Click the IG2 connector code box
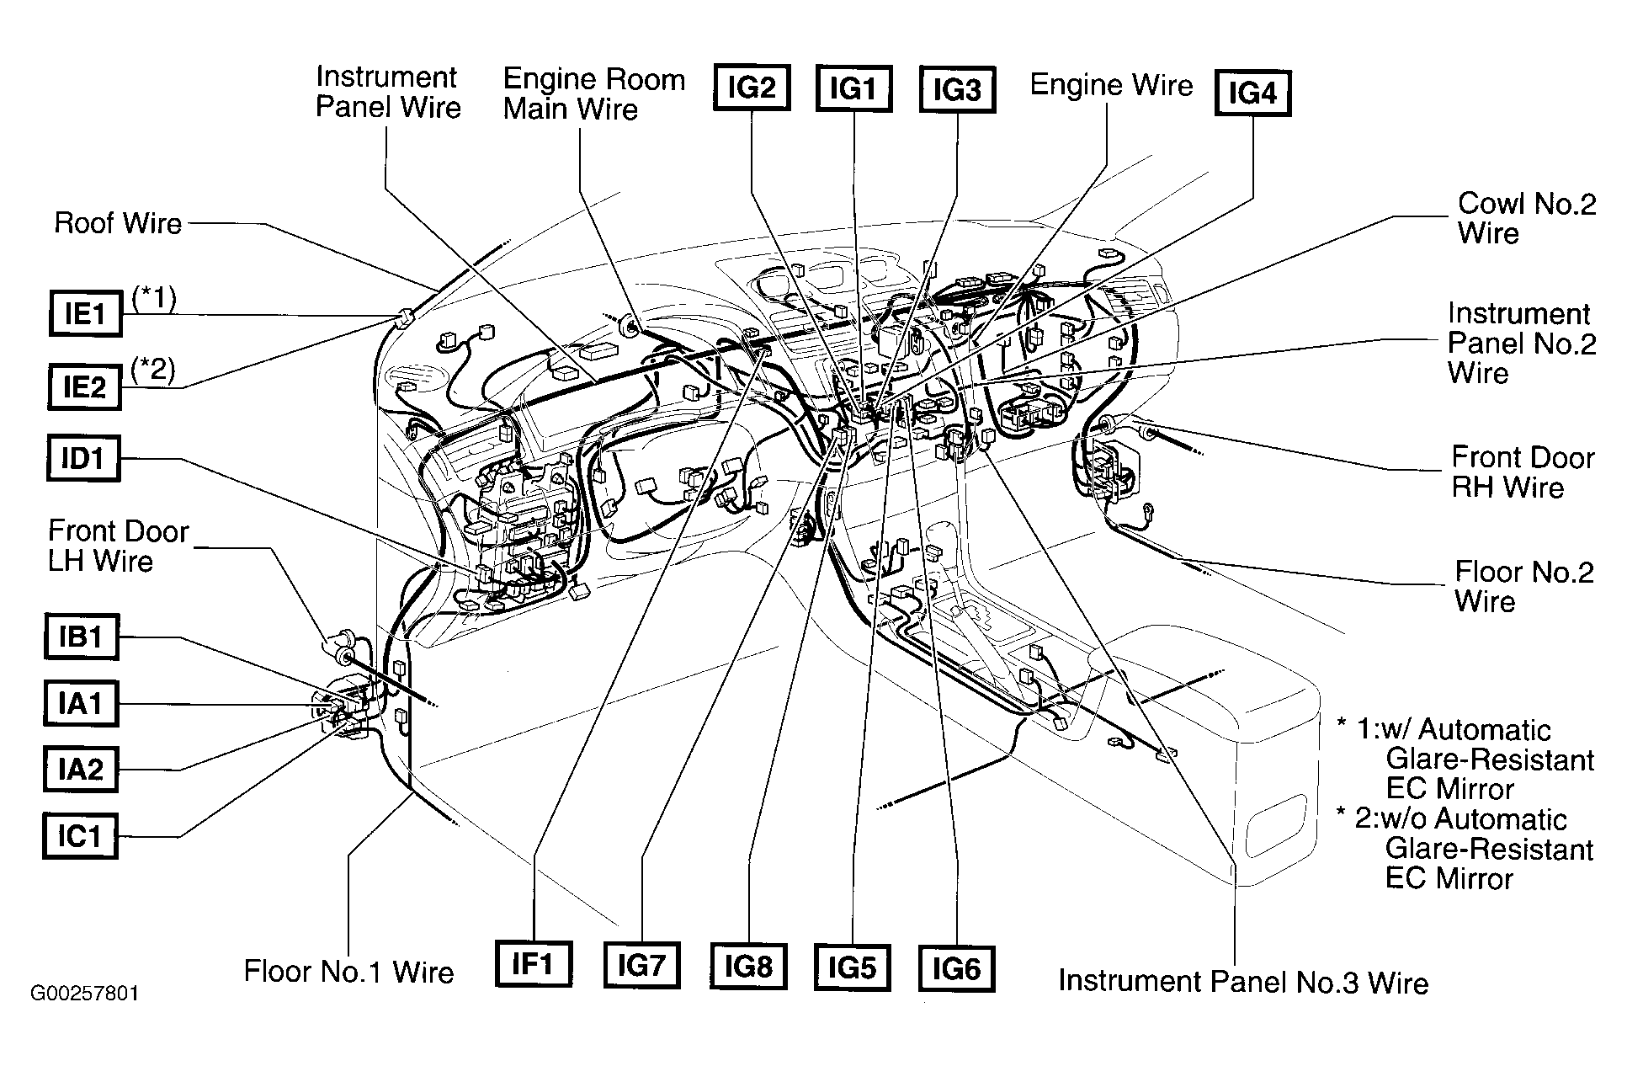[x=752, y=88]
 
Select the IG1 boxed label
[x=853, y=88]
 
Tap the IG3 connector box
[x=957, y=89]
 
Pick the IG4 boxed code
[x=1252, y=93]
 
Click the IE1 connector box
[x=85, y=314]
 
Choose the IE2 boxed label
[x=85, y=387]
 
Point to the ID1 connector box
[x=83, y=459]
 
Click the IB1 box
[x=81, y=637]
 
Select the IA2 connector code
[x=81, y=770]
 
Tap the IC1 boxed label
[x=81, y=836]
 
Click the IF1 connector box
[x=534, y=964]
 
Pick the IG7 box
[x=641, y=966]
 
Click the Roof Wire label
[x=118, y=224]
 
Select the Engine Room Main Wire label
[x=594, y=94]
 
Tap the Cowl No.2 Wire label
[x=1527, y=218]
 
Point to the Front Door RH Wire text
[x=1523, y=472]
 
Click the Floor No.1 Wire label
[x=348, y=972]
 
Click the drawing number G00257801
[x=85, y=994]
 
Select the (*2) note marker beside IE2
[x=153, y=371]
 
